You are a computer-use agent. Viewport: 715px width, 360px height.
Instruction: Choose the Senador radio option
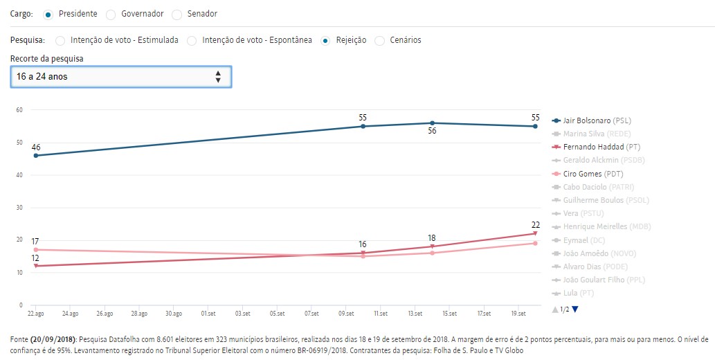pos(177,14)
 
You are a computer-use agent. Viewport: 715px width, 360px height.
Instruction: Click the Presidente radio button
pos(47,14)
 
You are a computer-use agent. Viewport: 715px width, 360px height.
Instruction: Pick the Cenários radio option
pos(380,40)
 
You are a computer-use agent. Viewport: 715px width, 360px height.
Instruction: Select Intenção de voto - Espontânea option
pos(192,40)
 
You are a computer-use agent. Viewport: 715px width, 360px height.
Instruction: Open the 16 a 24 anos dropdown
pos(121,77)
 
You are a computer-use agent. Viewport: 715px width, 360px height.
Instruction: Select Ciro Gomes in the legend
pos(590,174)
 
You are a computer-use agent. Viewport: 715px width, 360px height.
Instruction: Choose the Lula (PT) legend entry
pos(578,293)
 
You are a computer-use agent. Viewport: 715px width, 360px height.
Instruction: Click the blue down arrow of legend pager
pos(574,309)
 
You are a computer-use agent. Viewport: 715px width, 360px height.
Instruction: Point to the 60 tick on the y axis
pos(19,110)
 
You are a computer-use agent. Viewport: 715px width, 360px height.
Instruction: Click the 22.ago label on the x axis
pos(35,314)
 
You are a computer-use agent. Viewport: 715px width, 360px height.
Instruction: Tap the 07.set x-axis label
pos(311,314)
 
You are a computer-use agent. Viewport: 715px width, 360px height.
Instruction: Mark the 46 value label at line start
pos(36,147)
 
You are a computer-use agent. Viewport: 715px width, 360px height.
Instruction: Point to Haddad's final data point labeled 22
pos(535,233)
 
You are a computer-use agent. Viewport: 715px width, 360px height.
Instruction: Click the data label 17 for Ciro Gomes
pos(35,242)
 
